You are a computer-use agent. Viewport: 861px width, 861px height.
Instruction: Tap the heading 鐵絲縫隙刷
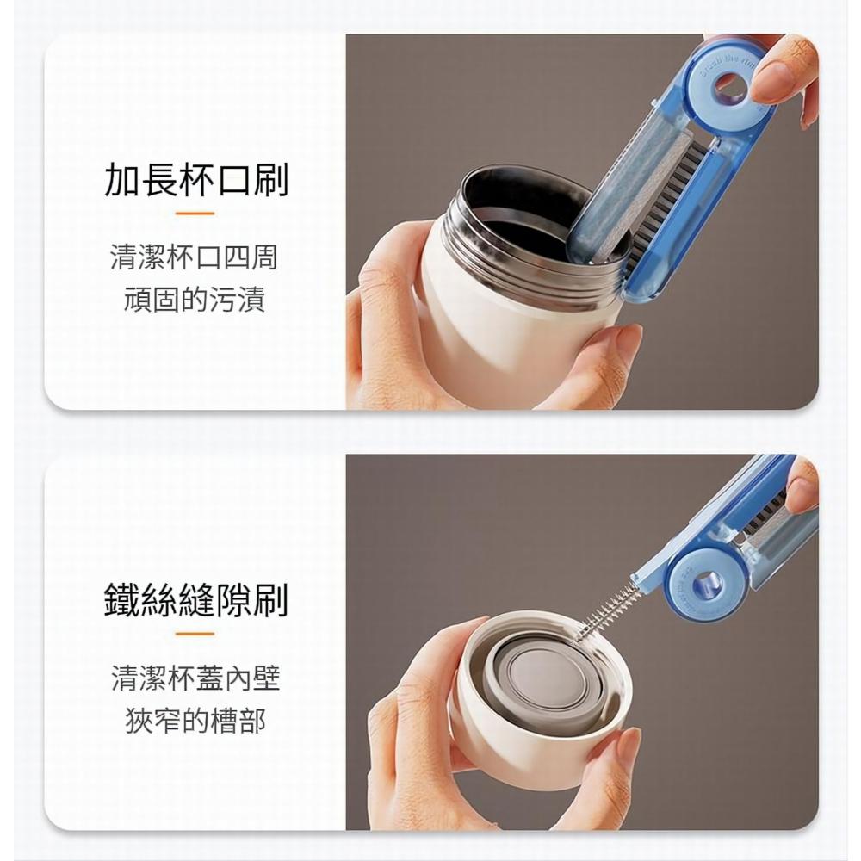(196, 599)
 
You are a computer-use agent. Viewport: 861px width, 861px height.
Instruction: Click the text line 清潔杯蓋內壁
(195, 678)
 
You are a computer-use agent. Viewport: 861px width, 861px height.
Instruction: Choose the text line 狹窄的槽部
(195, 722)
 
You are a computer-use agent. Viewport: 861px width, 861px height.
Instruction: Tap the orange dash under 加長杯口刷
(195, 213)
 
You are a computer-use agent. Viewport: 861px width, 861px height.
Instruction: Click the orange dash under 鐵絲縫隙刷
(195, 634)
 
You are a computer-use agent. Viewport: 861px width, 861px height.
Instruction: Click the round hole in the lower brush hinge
(707, 582)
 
